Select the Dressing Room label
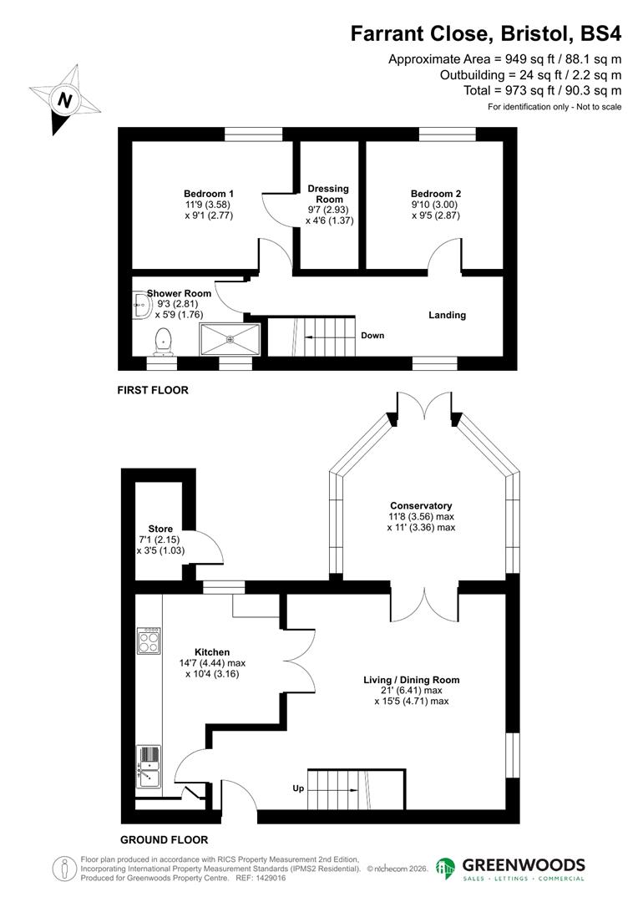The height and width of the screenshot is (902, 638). pyautogui.click(x=328, y=194)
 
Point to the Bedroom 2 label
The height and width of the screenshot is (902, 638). pyautogui.click(x=435, y=193)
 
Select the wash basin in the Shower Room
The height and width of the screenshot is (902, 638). pyautogui.click(x=139, y=306)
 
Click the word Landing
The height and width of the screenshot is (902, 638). pyautogui.click(x=447, y=315)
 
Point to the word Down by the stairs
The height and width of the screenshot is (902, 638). pyautogui.click(x=372, y=336)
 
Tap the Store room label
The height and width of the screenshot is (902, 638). pyautogui.click(x=160, y=529)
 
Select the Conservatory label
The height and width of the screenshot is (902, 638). pyautogui.click(x=421, y=505)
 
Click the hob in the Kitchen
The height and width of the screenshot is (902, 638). pyautogui.click(x=149, y=641)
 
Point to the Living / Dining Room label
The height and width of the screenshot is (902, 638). pyautogui.click(x=411, y=680)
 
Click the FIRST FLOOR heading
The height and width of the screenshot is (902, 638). pyautogui.click(x=153, y=390)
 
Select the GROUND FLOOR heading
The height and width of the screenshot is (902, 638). pyautogui.click(x=164, y=840)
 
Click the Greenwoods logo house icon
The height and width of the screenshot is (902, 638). pyautogui.click(x=446, y=869)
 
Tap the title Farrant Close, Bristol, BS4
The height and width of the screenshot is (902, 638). pyautogui.click(x=485, y=33)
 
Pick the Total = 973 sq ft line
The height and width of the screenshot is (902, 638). pyautogui.click(x=542, y=90)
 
